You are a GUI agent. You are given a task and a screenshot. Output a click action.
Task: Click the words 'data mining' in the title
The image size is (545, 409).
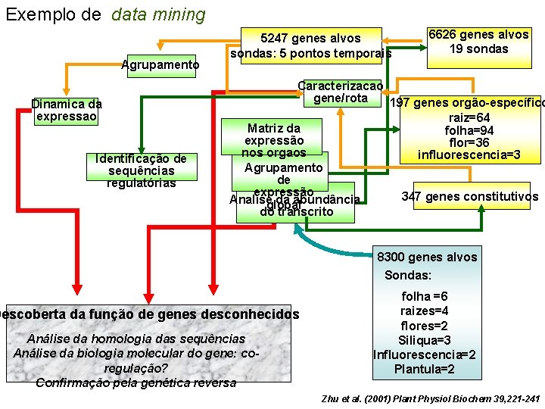click(158, 14)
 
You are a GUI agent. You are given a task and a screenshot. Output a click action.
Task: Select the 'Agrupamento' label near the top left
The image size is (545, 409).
click(160, 65)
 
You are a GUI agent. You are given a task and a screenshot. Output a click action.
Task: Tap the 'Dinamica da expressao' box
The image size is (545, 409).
click(67, 110)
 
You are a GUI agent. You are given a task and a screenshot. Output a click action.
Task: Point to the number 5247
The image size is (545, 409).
click(276, 39)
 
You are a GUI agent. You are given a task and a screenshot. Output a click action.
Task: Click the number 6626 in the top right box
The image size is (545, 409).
click(444, 35)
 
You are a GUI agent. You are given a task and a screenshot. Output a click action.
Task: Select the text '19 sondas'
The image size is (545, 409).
click(478, 49)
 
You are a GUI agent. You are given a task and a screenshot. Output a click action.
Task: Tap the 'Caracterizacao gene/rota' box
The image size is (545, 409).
click(342, 92)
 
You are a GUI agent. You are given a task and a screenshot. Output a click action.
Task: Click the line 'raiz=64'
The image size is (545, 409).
click(469, 118)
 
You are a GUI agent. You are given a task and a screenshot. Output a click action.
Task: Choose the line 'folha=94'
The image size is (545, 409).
click(469, 130)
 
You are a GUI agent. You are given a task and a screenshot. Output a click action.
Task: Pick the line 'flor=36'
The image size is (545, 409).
click(469, 142)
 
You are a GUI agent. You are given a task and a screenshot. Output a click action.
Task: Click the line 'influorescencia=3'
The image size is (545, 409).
click(469, 155)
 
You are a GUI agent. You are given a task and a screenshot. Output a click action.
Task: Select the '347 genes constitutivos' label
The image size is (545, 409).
click(470, 197)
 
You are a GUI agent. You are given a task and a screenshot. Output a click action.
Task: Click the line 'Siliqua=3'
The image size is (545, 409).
click(425, 340)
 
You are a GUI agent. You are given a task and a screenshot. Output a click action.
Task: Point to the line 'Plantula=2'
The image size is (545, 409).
click(425, 369)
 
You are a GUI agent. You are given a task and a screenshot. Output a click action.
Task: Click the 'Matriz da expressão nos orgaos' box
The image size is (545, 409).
click(273, 140)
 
